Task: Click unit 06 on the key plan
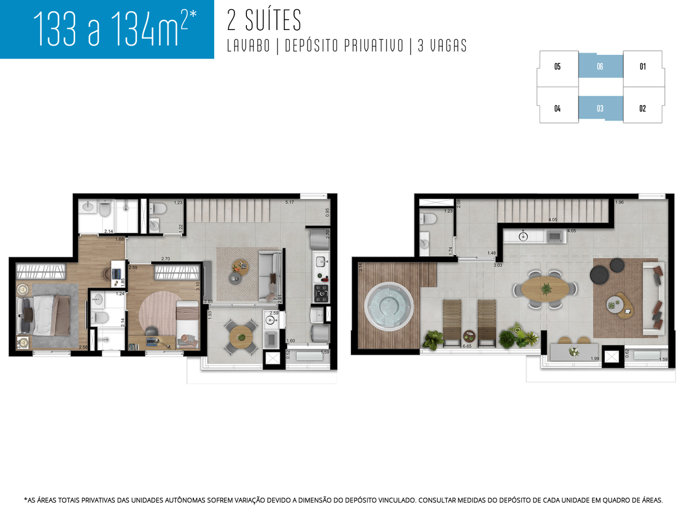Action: pos(600,67)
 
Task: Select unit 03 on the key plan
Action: pos(600,108)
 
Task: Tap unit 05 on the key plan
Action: pos(558,67)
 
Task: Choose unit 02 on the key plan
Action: pos(642,108)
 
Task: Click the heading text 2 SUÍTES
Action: pos(264,20)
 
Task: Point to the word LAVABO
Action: pos(249,46)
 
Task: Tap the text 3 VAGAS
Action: pos(442,46)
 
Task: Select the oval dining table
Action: pos(545,289)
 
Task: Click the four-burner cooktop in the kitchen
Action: pos(321,293)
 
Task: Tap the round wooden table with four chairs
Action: pos(241,337)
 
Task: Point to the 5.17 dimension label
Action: pos(289,202)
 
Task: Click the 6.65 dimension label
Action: pos(467,346)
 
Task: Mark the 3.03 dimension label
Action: pos(498,265)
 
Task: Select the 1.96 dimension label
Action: pos(619,202)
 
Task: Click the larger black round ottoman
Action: pos(599,275)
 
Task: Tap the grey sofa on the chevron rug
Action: pos(269,276)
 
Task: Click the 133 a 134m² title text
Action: pos(114,28)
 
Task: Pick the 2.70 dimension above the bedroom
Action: pos(166,259)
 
